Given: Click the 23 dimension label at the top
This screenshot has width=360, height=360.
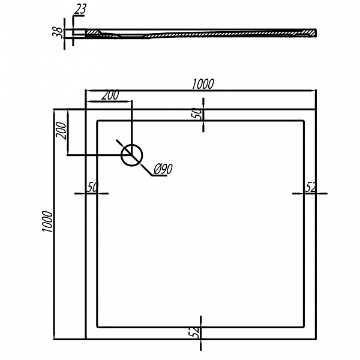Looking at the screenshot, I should [x=80, y=10].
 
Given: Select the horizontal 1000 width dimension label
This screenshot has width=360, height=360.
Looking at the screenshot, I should [x=203, y=85].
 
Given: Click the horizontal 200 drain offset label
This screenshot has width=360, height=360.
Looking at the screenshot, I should [x=110, y=95].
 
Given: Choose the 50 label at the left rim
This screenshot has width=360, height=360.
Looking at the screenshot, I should [x=92, y=187].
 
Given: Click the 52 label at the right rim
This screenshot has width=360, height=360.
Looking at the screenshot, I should [x=311, y=187].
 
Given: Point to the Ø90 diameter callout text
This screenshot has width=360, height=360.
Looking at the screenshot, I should [x=163, y=170].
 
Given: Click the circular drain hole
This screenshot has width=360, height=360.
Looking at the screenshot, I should [x=131, y=155].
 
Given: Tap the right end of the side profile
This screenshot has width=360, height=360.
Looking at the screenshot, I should [x=313, y=33].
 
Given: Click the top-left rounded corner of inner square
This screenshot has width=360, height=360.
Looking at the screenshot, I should [x=98, y=121].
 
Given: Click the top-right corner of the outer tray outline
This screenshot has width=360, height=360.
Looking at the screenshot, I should [x=316, y=110].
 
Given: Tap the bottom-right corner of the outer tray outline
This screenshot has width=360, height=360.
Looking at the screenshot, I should [x=316, y=338].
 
